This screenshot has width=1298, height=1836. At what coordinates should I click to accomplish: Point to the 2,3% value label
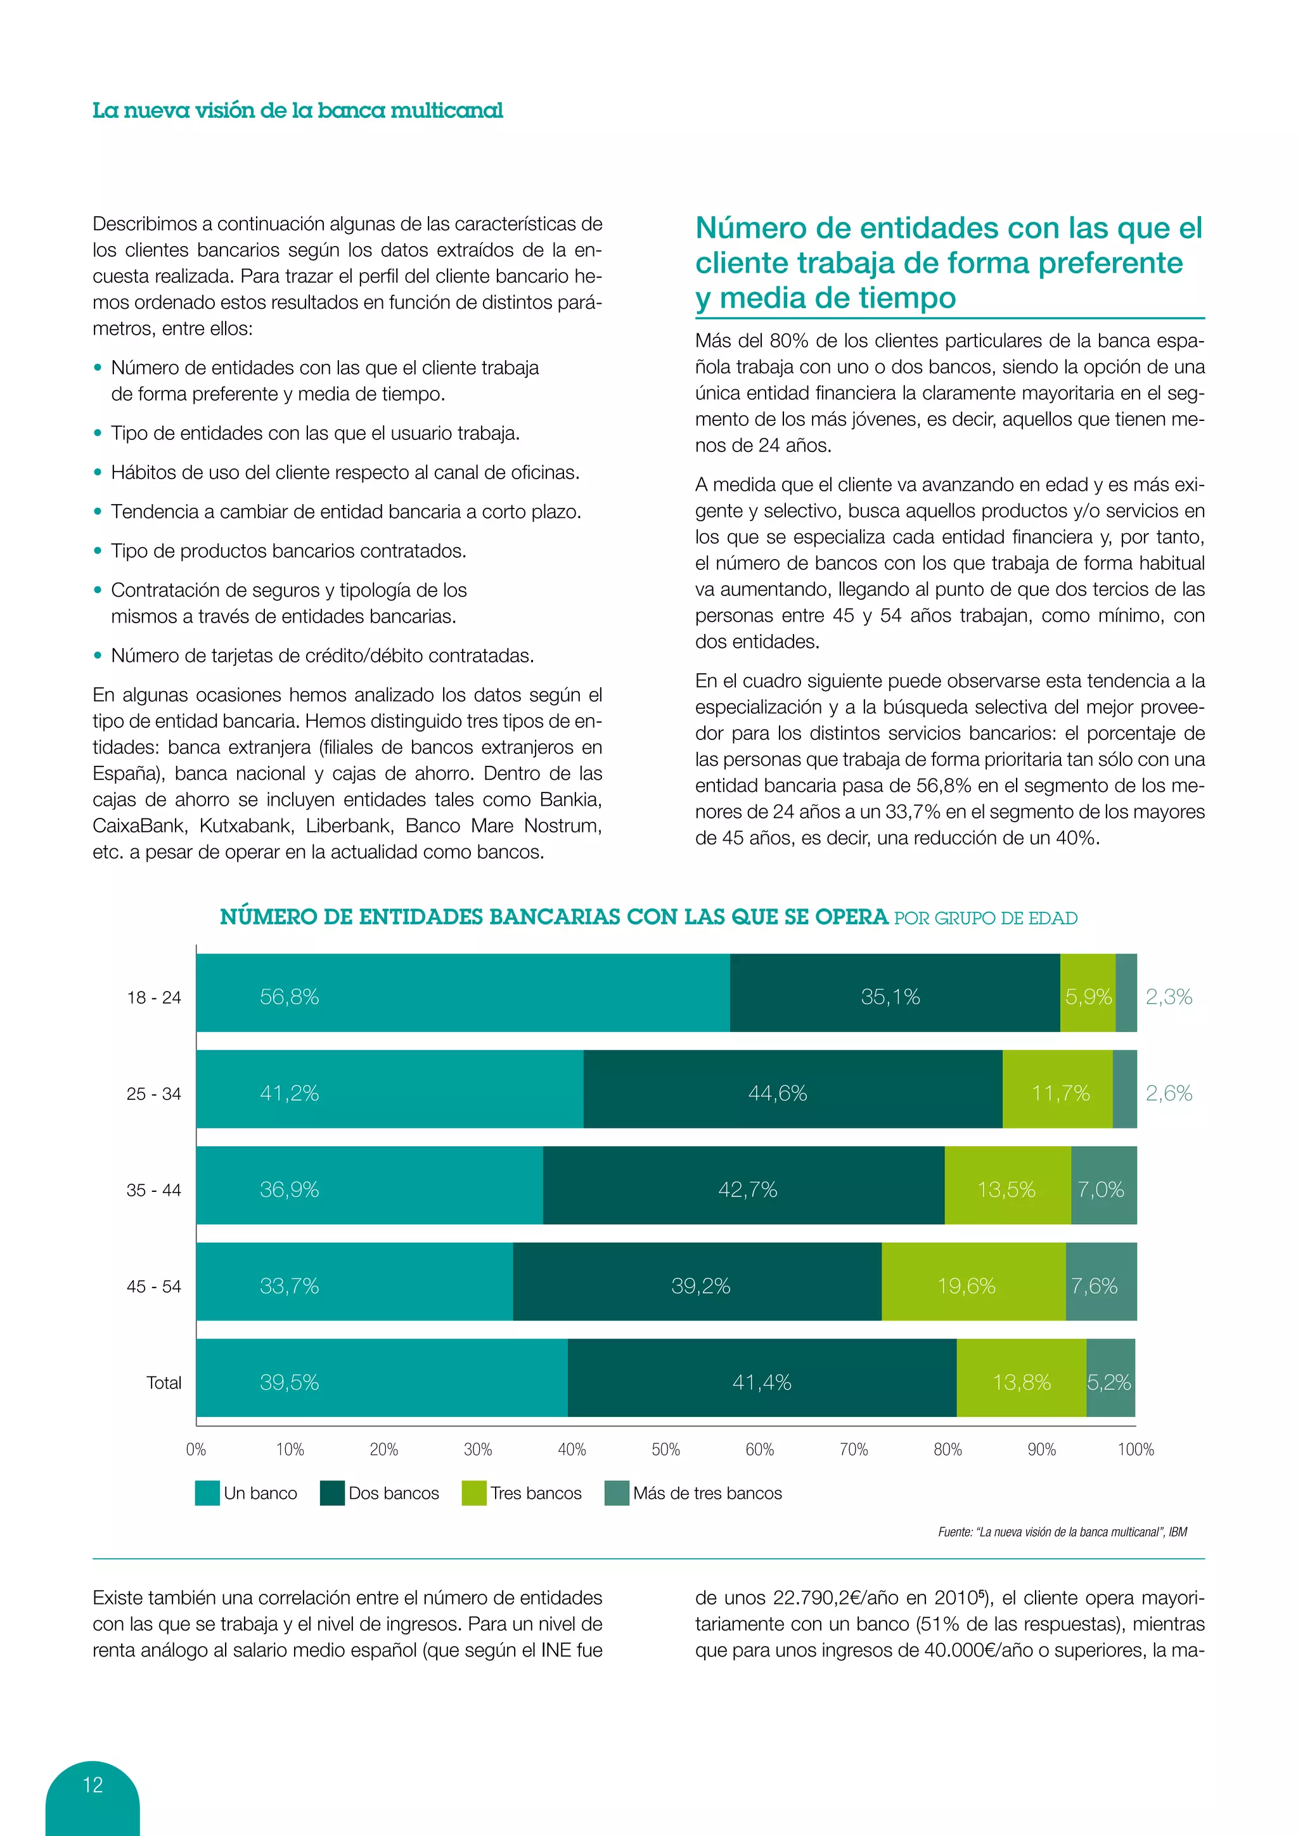coord(1169,997)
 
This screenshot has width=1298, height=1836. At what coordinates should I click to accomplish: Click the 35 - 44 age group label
coord(153,1190)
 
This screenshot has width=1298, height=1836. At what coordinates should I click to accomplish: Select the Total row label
coord(164,1383)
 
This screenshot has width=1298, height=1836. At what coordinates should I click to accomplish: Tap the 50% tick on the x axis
coord(665,1449)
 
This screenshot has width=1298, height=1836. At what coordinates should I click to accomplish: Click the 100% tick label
coord(1135,1449)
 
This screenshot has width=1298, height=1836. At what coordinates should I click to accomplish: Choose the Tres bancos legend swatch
coord(474,1493)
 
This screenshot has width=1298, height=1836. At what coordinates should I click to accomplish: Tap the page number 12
coord(93,1784)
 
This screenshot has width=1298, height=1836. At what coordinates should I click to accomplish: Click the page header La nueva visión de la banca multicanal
coord(297,110)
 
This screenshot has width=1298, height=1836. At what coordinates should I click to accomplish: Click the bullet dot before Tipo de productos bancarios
coord(98,551)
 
